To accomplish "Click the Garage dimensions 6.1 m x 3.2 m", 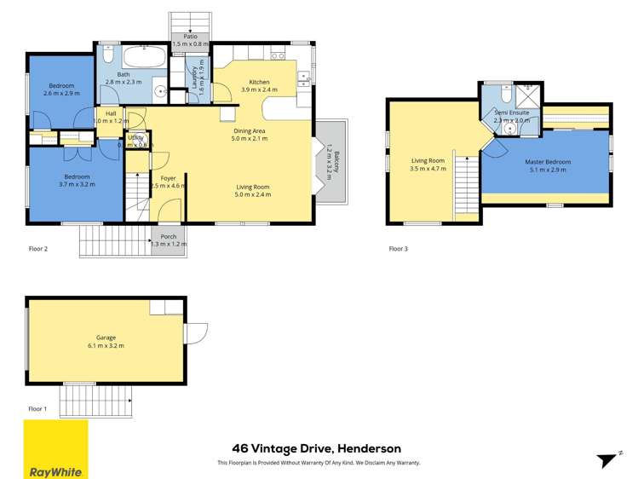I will tap(105, 346).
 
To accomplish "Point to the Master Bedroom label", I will tap(547, 162).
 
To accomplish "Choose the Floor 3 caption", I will tap(399, 249).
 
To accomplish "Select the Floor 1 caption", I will tap(38, 409).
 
